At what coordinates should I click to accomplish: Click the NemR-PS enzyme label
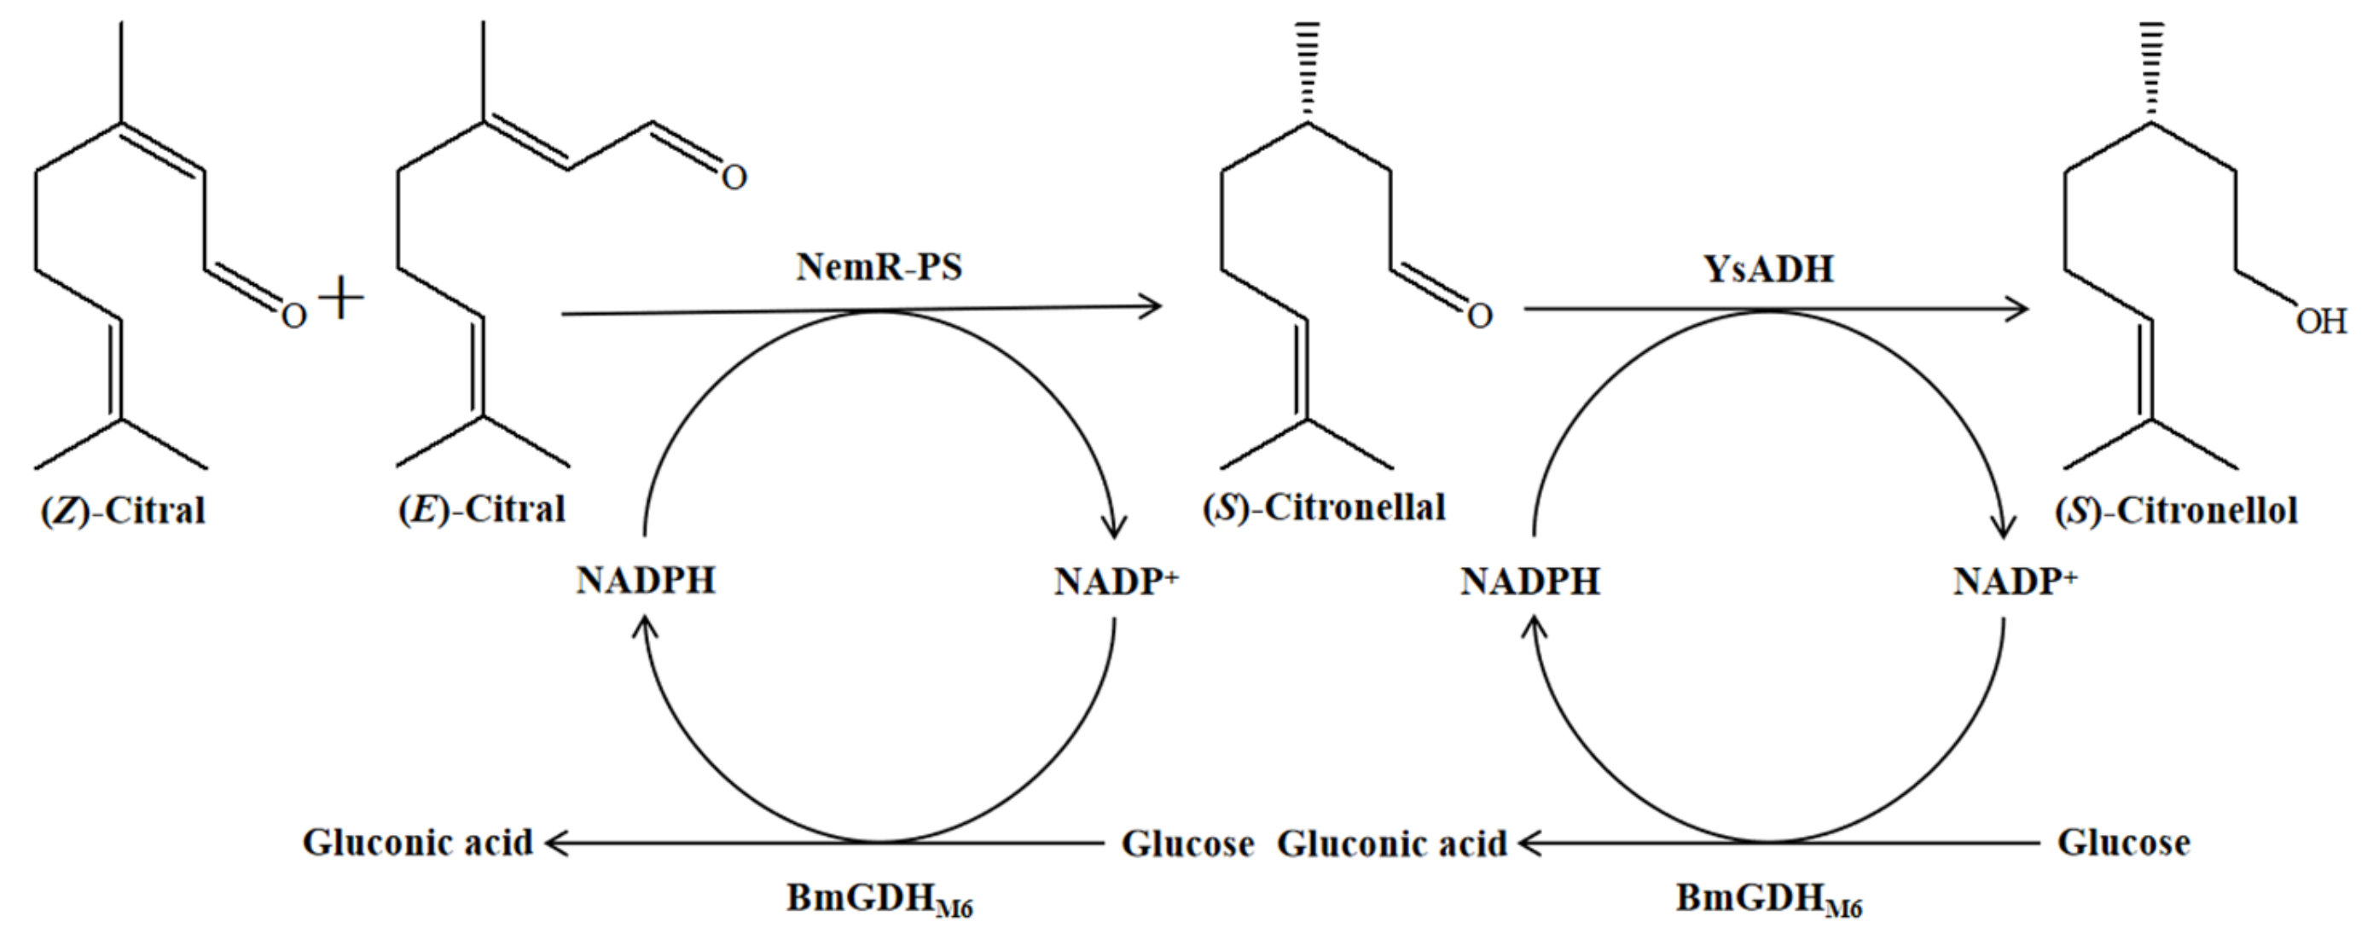(x=879, y=267)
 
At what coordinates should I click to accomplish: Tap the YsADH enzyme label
(x=1769, y=268)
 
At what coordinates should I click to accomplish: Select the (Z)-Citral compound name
(x=123, y=510)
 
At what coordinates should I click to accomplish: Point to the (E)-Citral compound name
(x=481, y=508)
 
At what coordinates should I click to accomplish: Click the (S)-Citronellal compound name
(x=1324, y=507)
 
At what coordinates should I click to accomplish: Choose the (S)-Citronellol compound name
(x=2175, y=510)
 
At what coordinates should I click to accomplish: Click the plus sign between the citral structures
(x=341, y=300)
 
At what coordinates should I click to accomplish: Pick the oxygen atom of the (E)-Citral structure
(x=734, y=177)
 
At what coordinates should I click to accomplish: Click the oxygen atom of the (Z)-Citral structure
(x=293, y=316)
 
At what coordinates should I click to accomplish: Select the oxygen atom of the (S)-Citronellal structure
(x=1478, y=316)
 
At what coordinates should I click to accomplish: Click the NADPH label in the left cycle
(x=646, y=581)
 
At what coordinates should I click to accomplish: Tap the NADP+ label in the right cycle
(x=2015, y=581)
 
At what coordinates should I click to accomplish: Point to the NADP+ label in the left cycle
(x=1116, y=581)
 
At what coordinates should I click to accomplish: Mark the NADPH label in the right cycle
(x=1530, y=581)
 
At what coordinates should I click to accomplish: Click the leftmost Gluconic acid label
(x=417, y=842)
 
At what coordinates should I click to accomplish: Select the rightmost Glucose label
(x=2123, y=842)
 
